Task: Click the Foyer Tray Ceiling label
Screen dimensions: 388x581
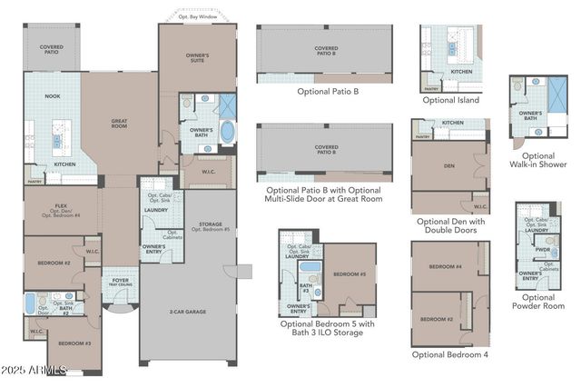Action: (x=121, y=282)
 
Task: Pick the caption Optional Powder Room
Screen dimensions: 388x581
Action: (x=538, y=302)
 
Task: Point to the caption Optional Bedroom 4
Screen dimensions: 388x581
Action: (x=449, y=354)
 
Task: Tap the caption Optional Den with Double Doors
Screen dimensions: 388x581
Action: (x=450, y=226)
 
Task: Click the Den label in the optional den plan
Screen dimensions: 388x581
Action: (x=448, y=165)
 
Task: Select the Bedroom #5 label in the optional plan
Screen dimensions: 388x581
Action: (x=348, y=274)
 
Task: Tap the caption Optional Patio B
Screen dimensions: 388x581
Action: (x=324, y=92)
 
